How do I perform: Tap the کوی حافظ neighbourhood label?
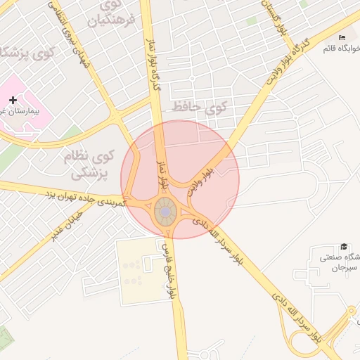[200, 107]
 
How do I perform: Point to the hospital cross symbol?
[13, 101]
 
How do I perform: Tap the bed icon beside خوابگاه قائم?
[342, 37]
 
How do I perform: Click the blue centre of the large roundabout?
[165, 211]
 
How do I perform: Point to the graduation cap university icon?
[344, 246]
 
